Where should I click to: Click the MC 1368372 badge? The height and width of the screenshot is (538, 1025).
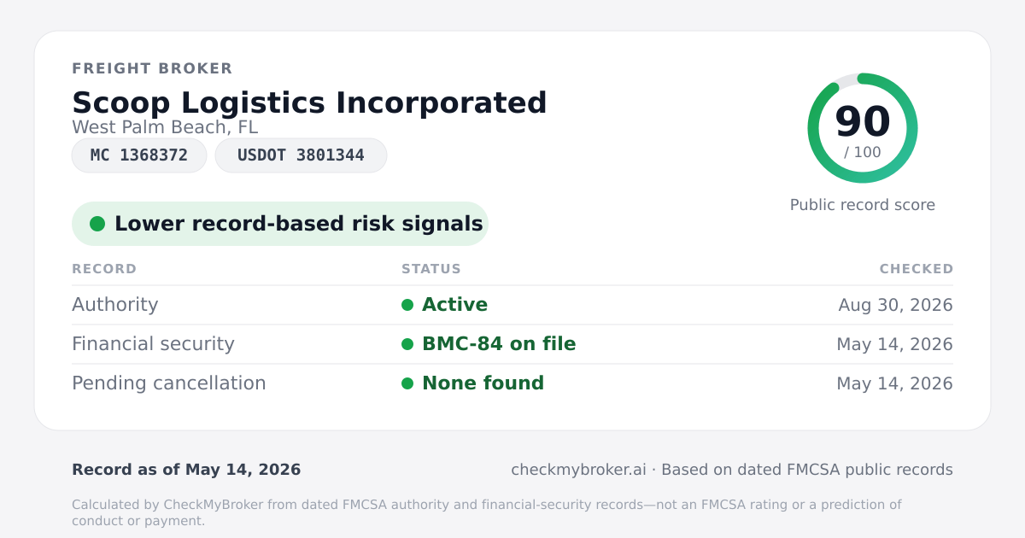coord(139,155)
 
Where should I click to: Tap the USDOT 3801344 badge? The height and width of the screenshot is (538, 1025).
coord(301,155)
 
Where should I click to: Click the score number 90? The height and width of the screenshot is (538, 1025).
coord(863,121)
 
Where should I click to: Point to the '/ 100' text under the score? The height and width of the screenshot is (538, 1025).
coord(863,152)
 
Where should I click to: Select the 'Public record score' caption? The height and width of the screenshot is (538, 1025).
coord(863,205)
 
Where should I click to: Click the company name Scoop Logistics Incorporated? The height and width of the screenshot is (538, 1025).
coord(309,102)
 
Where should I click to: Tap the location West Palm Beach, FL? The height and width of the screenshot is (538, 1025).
coord(165,127)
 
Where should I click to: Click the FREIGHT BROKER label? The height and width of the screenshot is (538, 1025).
coord(152,68)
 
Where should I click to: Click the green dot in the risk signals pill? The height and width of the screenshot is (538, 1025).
coord(97,224)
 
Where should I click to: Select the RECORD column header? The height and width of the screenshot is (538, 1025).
coord(104,268)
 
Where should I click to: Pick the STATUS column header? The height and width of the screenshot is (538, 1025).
coord(431,268)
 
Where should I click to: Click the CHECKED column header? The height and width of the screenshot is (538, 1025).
coord(917,268)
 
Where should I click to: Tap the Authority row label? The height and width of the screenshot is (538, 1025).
coord(114,305)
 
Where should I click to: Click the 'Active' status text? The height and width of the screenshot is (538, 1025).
coord(454,305)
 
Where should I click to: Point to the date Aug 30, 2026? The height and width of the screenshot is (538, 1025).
coord(895,305)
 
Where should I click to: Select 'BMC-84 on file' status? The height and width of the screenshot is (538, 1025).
coord(499,344)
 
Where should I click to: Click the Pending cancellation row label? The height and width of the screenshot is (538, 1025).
coord(169,383)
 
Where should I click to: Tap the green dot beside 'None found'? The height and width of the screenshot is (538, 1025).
coord(407,383)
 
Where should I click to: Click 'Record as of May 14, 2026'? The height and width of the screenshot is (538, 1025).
coord(186,470)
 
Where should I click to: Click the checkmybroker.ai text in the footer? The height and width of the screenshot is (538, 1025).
coord(578,470)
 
